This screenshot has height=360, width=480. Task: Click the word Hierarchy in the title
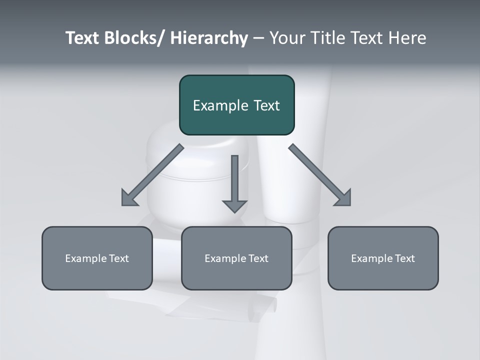pyautogui.click(x=209, y=38)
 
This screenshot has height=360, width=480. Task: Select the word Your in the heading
pyautogui.click(x=287, y=38)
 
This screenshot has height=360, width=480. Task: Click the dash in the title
pyautogui.click(x=258, y=38)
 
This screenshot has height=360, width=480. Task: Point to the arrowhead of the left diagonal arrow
pyautogui.click(x=129, y=198)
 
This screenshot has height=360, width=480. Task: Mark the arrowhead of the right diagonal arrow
pyautogui.click(x=343, y=198)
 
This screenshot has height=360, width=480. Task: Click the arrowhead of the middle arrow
pyautogui.click(x=234, y=206)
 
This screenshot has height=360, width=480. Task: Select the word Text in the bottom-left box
pyautogui.click(x=119, y=258)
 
